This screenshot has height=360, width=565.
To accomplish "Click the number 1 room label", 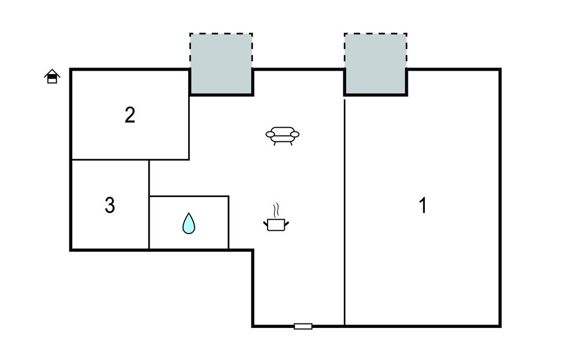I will [423, 206].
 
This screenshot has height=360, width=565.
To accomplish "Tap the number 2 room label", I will [130, 115].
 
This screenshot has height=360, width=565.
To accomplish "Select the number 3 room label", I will [110, 205].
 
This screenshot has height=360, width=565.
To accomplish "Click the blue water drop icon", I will [189, 223].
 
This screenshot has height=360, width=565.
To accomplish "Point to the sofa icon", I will [282, 134].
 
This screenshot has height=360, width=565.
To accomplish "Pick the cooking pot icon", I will [276, 224].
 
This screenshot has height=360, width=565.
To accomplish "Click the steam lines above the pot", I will [276, 209].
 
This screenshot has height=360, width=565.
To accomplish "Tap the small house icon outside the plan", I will [52, 76].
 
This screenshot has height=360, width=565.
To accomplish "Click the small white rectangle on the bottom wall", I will [303, 326].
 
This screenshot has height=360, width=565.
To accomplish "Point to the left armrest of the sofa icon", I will [270, 134].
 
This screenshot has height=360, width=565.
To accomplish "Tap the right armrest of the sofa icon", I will [295, 134].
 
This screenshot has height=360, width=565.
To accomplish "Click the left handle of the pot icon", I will [265, 223].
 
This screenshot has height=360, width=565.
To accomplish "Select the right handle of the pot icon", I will [286, 223].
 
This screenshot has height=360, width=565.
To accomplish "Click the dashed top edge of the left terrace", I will [221, 34].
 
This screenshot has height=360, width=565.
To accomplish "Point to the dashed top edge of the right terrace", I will [376, 34].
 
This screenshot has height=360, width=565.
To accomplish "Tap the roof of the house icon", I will [52, 72].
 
